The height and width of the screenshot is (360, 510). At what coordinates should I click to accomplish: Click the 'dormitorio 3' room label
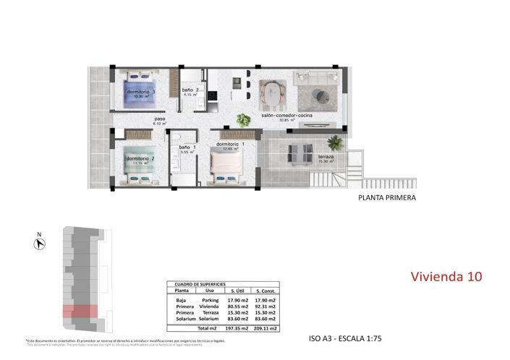(x=141, y=93)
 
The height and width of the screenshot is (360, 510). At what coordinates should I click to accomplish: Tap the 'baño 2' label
(x=191, y=90)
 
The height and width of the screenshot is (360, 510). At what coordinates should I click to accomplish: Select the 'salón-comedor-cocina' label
(x=289, y=114)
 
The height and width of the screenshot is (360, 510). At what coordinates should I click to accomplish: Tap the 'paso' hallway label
(x=160, y=119)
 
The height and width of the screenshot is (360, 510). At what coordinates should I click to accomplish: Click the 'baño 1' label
(x=188, y=147)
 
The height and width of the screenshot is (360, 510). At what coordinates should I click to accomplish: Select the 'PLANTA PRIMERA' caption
(x=387, y=197)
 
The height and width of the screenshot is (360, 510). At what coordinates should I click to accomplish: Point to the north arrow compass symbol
(x=41, y=243)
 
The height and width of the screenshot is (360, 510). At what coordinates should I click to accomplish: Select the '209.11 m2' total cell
(x=268, y=327)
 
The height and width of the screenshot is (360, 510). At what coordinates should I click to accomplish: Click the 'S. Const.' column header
(x=268, y=291)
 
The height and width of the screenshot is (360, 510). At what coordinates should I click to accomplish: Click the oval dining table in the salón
(x=273, y=93)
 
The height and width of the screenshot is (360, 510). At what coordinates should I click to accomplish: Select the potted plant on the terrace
(x=333, y=141)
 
